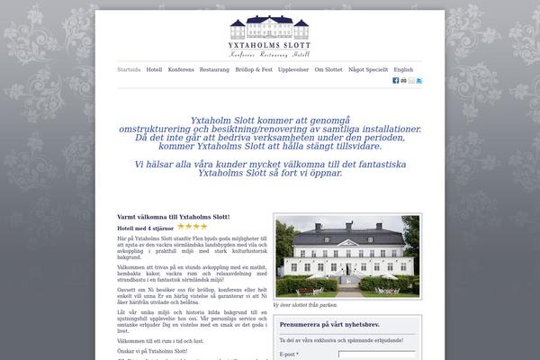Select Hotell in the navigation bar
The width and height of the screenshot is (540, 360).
click(154, 69)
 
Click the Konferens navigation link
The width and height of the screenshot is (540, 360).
click(181, 69)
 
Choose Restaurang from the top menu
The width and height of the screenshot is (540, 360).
click(214, 69)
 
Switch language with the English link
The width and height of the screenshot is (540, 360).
click(403, 69)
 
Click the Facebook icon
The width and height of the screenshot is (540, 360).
click(396, 81)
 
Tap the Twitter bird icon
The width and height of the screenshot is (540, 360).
click(419, 81)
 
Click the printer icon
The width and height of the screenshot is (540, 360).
click(404, 81)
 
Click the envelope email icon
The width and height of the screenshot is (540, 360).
click(411, 81)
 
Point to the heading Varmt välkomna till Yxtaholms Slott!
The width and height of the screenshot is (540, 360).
click(174, 217)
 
